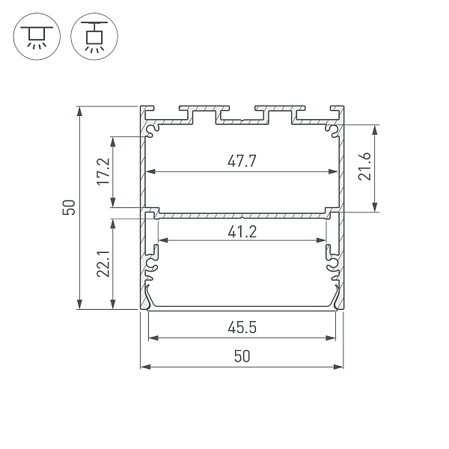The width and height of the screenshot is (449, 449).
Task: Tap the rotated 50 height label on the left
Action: point(69,208)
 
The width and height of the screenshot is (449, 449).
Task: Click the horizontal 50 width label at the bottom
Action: point(241,357)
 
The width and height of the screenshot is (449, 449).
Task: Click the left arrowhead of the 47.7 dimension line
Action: point(148,171)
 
